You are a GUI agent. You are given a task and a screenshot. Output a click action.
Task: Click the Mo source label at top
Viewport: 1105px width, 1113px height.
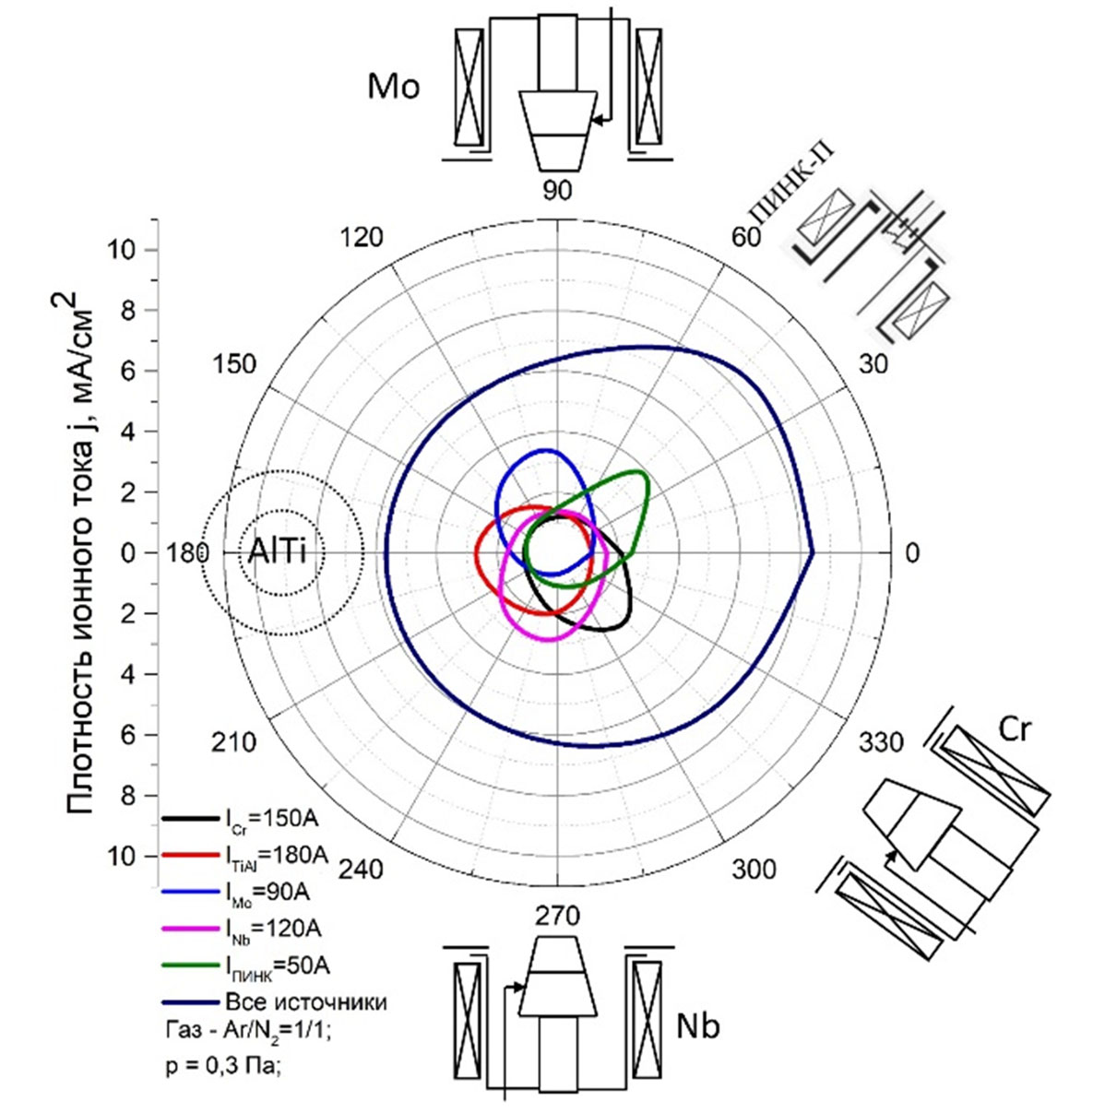click(394, 87)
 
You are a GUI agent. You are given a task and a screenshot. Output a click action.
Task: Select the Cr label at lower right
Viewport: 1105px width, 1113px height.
click(1016, 728)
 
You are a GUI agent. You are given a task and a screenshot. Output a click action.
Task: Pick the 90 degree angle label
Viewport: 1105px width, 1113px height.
click(557, 190)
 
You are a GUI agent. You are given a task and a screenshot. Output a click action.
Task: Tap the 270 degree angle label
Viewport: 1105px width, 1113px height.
click(557, 915)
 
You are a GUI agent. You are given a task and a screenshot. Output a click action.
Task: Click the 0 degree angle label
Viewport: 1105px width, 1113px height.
click(911, 553)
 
